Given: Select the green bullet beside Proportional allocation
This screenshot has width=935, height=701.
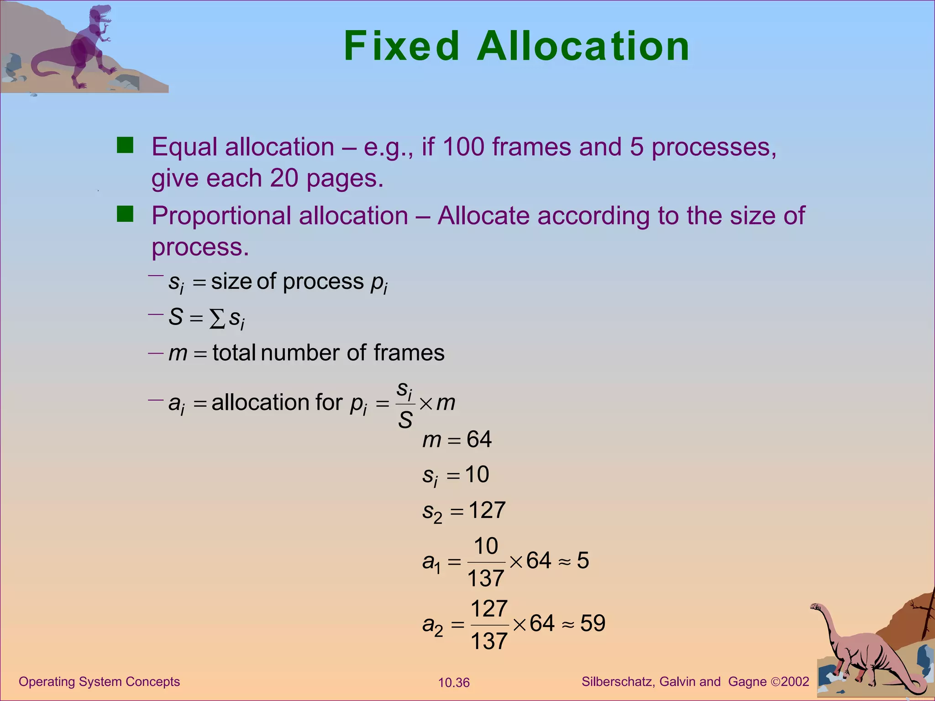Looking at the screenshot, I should [125, 214].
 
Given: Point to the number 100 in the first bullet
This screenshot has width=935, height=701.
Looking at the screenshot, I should [463, 147].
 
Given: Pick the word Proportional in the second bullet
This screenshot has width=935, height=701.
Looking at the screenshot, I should [221, 215].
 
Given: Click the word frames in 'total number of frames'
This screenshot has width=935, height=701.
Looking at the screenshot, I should [409, 353].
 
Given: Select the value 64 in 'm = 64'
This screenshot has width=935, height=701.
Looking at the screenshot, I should [479, 439].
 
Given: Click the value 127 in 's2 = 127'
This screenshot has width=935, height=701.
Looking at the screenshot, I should [487, 510].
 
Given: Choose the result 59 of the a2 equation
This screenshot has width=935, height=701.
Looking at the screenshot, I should [593, 623].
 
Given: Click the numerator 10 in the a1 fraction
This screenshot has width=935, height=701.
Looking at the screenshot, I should [486, 545].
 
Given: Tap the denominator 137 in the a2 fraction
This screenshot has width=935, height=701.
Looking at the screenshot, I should [489, 641].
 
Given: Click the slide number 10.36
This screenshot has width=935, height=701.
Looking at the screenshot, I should [454, 683].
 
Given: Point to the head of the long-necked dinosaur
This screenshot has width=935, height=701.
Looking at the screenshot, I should [815, 607].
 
